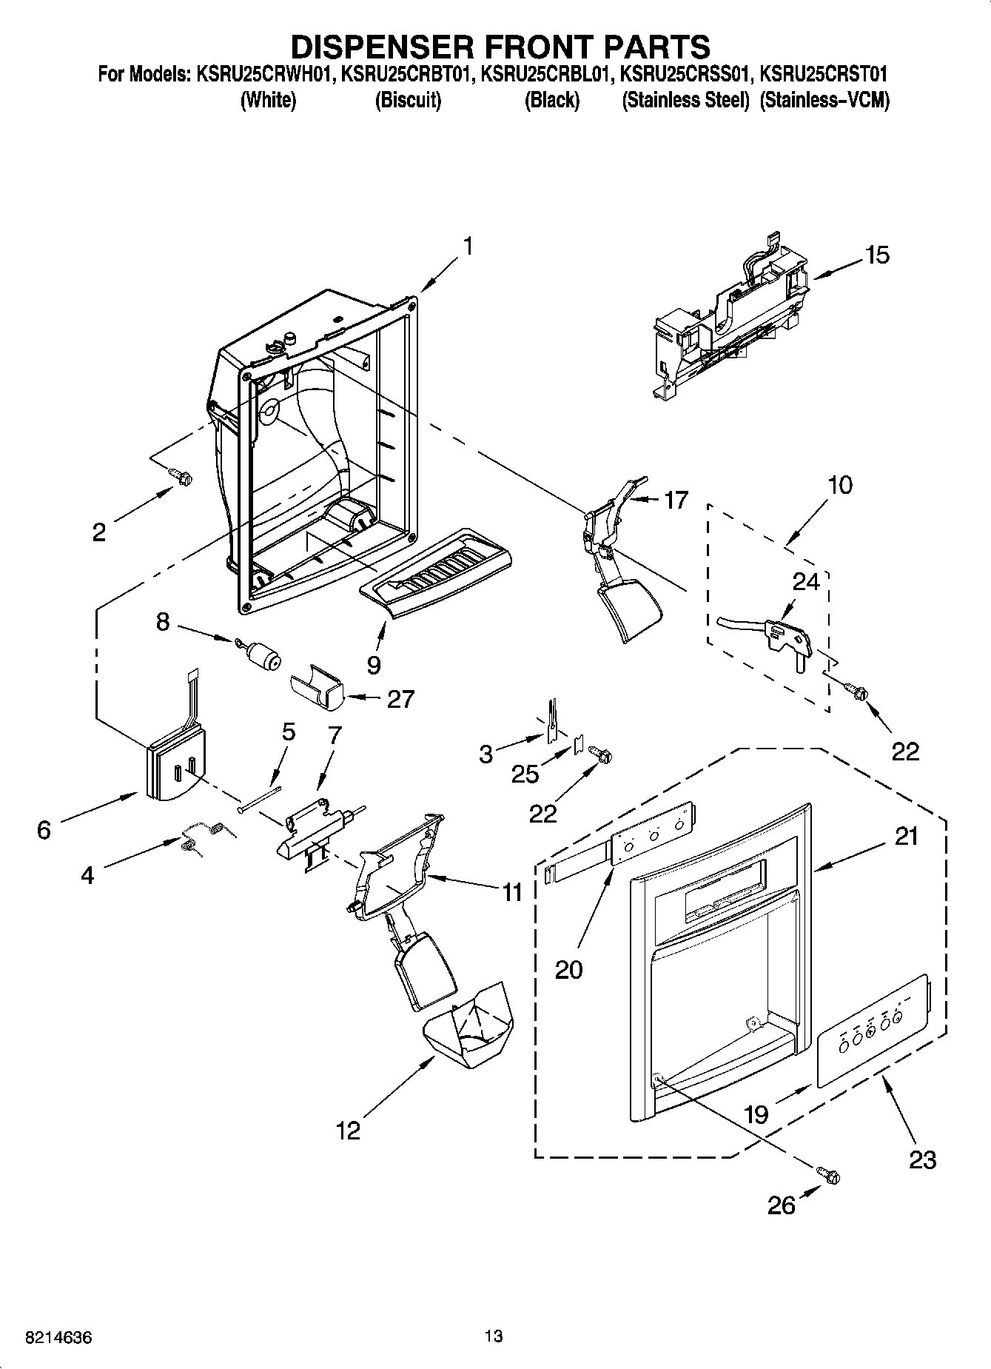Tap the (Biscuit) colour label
click(x=408, y=100)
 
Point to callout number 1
click(x=468, y=246)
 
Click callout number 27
click(x=400, y=699)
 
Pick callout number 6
click(x=44, y=830)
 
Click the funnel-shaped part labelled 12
click(x=468, y=1028)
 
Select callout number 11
click(x=513, y=892)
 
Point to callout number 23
click(x=922, y=1159)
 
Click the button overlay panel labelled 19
click(x=872, y=1031)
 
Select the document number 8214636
click(x=58, y=1338)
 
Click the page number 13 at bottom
click(x=494, y=1336)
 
